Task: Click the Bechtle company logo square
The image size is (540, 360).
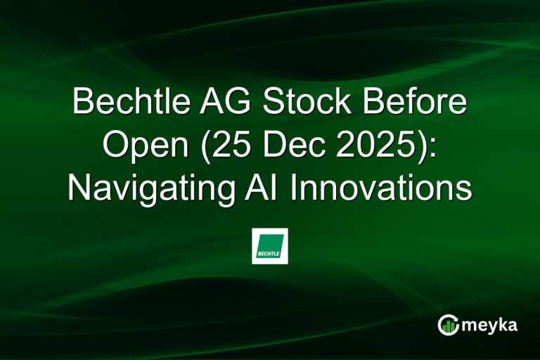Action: pyautogui.click(x=270, y=246)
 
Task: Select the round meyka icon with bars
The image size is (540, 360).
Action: pyautogui.click(x=448, y=324)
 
